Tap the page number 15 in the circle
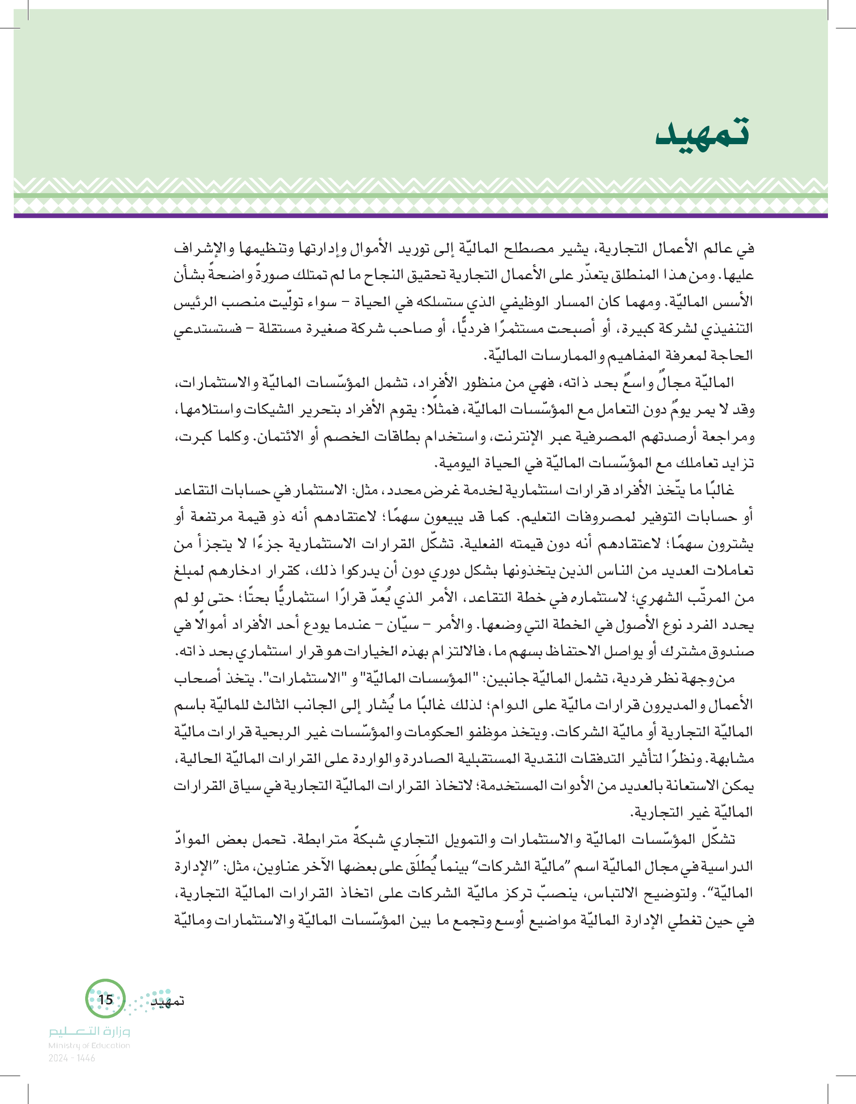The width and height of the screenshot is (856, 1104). coord(105,1000)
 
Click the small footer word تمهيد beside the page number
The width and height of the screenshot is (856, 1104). coord(168,1001)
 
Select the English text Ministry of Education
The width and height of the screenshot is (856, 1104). coord(89,1045)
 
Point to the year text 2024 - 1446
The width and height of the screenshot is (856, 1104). coord(72,1058)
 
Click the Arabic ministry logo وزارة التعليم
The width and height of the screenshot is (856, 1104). coord(89,1031)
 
